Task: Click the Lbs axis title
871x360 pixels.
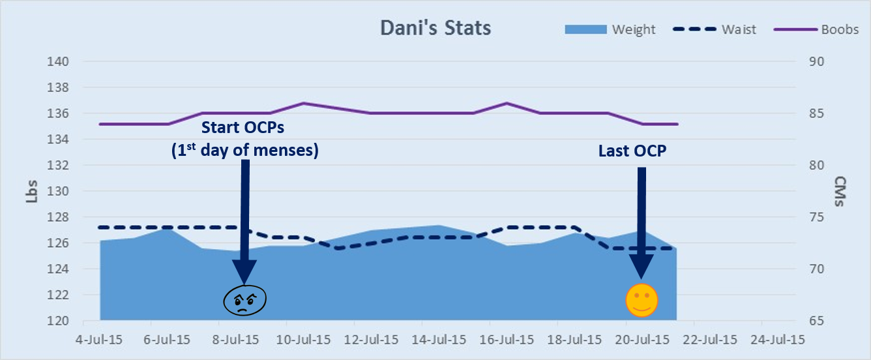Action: click(x=31, y=191)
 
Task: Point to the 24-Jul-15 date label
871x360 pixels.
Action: click(x=778, y=340)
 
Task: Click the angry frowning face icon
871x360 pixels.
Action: click(x=245, y=301)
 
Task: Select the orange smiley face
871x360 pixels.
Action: click(x=642, y=301)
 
